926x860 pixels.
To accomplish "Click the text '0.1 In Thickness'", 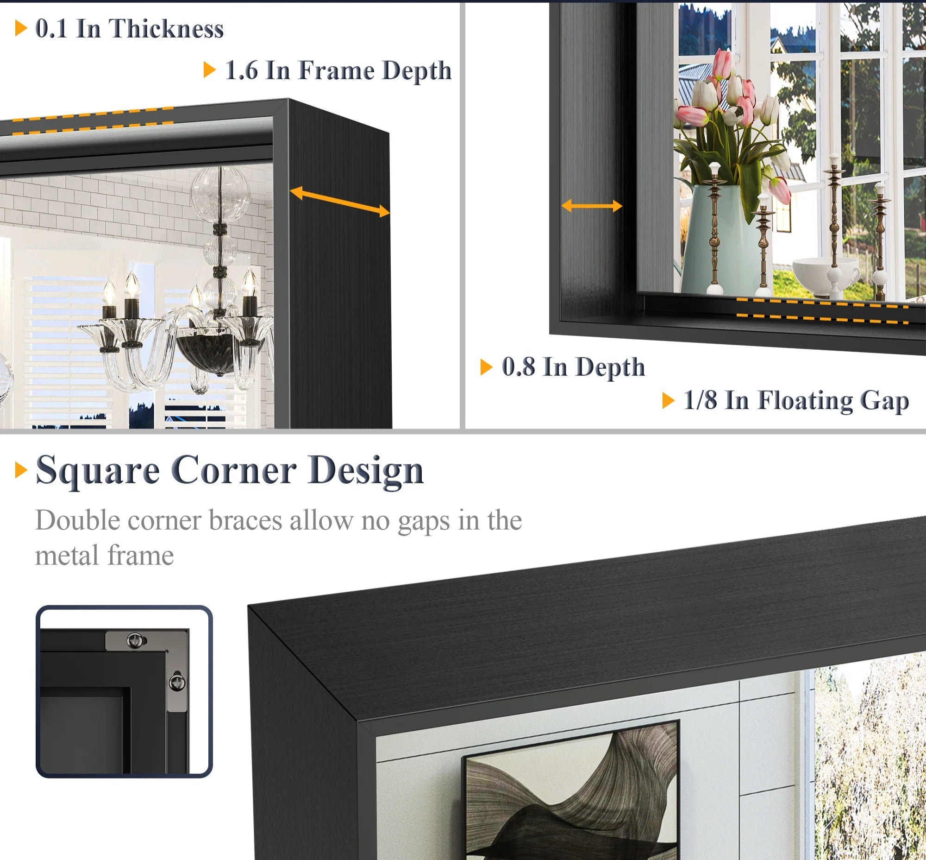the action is [129, 29].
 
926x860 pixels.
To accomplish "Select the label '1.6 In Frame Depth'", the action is [338, 71].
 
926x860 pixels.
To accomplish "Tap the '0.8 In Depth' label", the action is [574, 367].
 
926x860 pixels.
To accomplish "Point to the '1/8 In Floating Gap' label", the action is [796, 401].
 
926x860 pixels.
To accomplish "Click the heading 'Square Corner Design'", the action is [230, 471].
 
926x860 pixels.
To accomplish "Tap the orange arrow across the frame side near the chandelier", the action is [339, 202].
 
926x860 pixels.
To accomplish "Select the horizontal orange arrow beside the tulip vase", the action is [592, 206].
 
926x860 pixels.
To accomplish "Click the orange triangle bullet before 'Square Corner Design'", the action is [21, 470].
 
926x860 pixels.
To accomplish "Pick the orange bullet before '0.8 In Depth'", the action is [487, 367].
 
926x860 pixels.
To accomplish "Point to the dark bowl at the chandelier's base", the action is [208, 352].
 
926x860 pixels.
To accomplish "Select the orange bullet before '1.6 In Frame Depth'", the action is [210, 70].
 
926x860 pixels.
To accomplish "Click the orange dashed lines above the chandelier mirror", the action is [93, 121].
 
